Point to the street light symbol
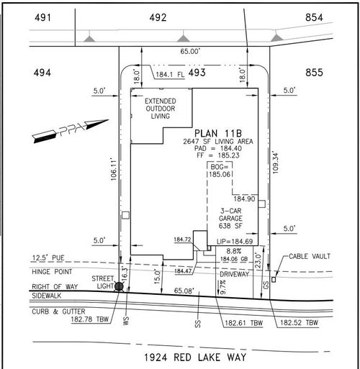click(x=120, y=286)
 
